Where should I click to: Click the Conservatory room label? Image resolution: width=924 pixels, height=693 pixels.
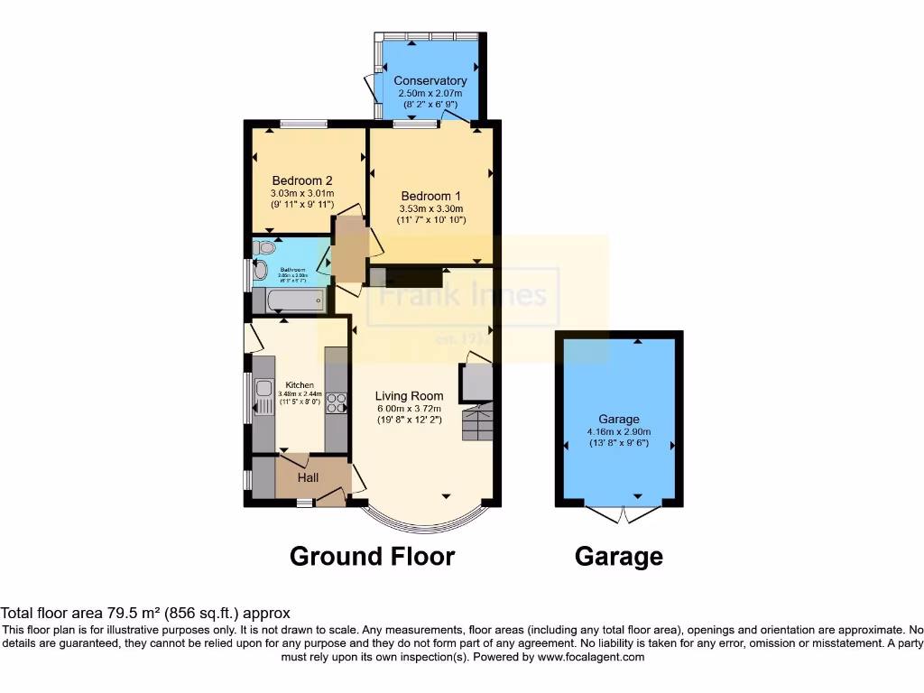pyautogui.click(x=430, y=80)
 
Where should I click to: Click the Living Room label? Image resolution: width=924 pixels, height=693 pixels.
pyautogui.click(x=410, y=395)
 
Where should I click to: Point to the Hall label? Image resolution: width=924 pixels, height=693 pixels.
pyautogui.click(x=308, y=477)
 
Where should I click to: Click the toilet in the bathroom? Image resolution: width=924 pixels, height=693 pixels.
pyautogui.click(x=263, y=247)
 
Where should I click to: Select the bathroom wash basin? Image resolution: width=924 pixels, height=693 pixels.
pyautogui.click(x=260, y=270)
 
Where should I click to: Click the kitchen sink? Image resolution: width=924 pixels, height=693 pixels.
pyautogui.click(x=263, y=390)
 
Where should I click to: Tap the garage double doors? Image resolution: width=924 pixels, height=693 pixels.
pyautogui.click(x=622, y=514)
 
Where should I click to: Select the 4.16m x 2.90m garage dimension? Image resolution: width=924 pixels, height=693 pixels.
pyautogui.click(x=618, y=431)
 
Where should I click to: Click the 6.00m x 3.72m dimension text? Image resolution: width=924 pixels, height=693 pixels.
pyautogui.click(x=410, y=408)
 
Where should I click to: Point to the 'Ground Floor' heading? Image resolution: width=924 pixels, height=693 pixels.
pyautogui.click(x=372, y=557)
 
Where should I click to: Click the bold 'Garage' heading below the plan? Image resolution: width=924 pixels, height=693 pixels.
pyautogui.click(x=618, y=558)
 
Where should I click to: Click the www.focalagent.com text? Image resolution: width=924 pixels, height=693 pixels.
pyautogui.click(x=591, y=657)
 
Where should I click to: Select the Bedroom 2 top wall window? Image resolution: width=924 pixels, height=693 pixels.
pyautogui.click(x=302, y=124)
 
